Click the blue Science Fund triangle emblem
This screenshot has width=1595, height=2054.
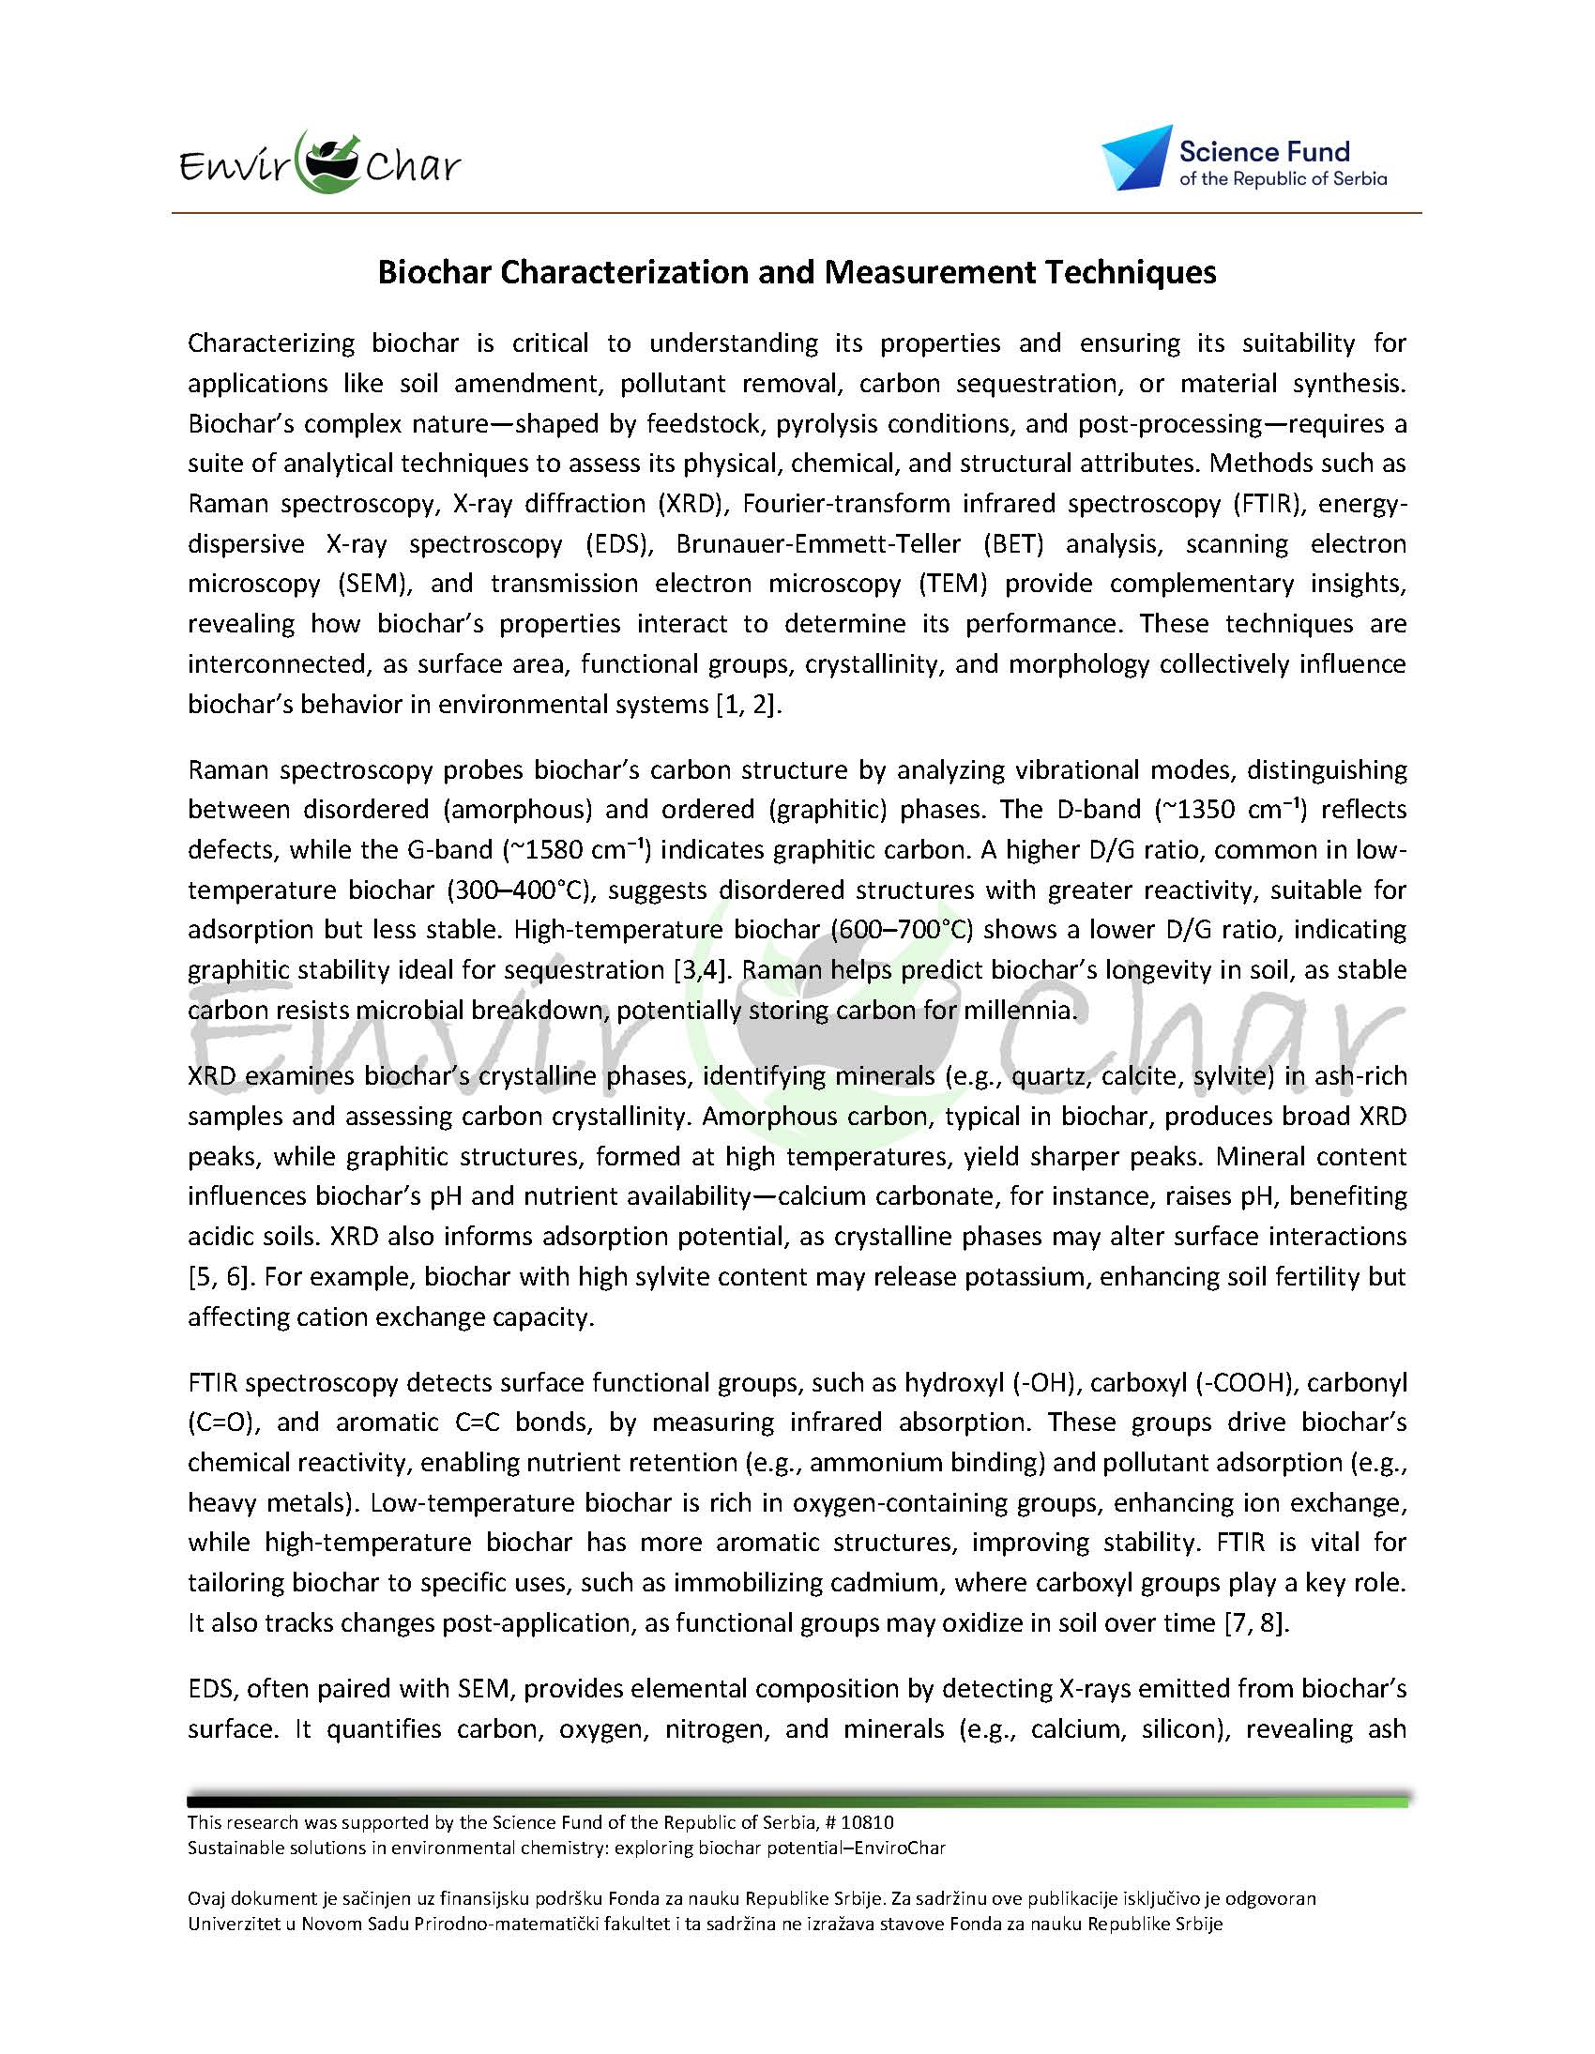[1136, 157]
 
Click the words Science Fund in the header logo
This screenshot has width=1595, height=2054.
[1264, 152]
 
